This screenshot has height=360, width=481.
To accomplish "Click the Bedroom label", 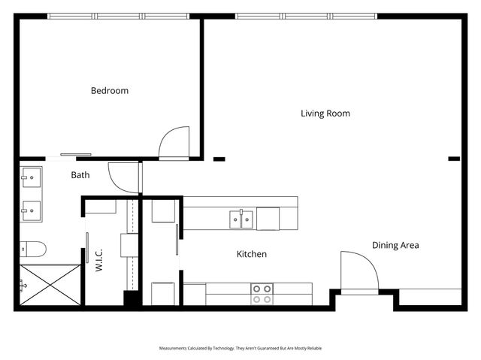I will coord(110,91).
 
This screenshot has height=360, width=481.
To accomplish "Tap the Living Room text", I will coord(325,113).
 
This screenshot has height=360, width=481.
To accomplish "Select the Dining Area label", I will coord(395,245).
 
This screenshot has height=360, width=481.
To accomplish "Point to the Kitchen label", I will coord(252,254).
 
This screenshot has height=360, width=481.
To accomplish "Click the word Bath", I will coord(80,175).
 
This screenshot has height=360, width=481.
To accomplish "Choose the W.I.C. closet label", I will coord(99,259).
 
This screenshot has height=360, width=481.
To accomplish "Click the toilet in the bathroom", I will coord(33,248).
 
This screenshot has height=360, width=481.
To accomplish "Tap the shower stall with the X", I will coord(50,284).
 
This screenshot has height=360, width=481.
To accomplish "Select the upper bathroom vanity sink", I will coord(32,179).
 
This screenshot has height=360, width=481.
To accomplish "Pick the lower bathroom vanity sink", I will coord(32,209).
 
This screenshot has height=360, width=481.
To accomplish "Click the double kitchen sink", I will coord(241,219).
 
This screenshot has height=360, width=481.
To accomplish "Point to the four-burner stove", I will coord(262,294).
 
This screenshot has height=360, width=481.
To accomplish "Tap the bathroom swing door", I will coord(124,177).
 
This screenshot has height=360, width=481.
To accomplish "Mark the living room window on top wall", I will coord(306,16).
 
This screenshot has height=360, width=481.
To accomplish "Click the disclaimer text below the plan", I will coord(240,349).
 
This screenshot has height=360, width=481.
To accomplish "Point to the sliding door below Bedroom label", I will coord(76,155).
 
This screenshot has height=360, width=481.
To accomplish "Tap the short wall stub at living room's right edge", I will coord(454,159).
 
